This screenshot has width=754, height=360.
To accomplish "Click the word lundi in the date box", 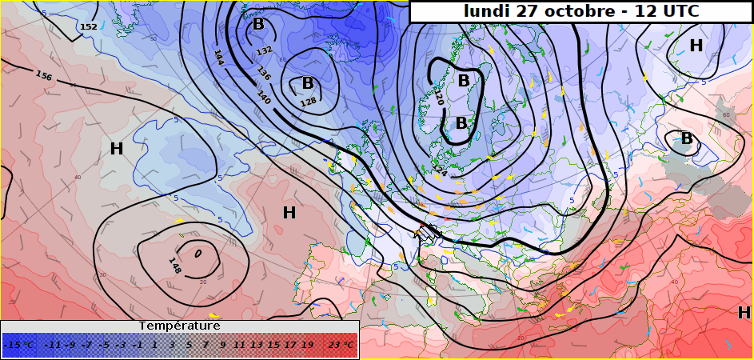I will pyautogui.click(x=489, y=11).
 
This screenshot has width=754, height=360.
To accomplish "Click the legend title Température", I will pyautogui.click(x=179, y=326).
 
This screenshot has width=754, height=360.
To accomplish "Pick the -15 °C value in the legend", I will pyautogui.click(x=19, y=345).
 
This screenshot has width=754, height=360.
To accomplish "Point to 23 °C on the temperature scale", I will pyautogui.click(x=341, y=345).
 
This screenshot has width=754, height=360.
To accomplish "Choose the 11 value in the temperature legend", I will pyautogui.click(x=239, y=345).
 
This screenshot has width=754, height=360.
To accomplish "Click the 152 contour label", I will pyautogui.click(x=89, y=27).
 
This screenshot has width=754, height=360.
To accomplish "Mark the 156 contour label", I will pyautogui.click(x=44, y=76).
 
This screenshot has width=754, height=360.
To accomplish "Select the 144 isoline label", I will pyautogui.click(x=218, y=57).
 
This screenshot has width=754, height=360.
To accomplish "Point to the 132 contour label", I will pyautogui.click(x=264, y=52).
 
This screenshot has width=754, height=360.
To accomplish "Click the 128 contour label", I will pyautogui.click(x=307, y=103).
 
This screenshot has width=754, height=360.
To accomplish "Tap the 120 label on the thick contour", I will pyautogui.click(x=438, y=97).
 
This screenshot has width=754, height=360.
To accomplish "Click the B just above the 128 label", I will pyautogui.click(x=307, y=83).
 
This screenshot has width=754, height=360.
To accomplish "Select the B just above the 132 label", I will pyautogui.click(x=258, y=25).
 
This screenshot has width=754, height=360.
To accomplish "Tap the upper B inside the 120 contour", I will pyautogui.click(x=464, y=81).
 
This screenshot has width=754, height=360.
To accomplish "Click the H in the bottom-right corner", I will pyautogui.click(x=744, y=313).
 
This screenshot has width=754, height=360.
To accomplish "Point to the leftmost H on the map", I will pyautogui.click(x=117, y=148).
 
